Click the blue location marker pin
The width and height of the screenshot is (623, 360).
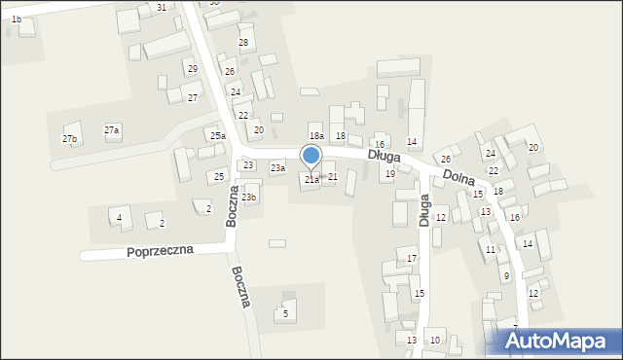(311, 156)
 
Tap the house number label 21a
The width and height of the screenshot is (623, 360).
(311, 180)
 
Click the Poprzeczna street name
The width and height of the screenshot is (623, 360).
(160, 250)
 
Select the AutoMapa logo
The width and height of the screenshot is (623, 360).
(560, 341)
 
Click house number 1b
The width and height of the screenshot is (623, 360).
(17, 19)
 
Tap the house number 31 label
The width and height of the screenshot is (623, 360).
(161, 8)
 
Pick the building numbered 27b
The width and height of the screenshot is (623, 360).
(69, 139)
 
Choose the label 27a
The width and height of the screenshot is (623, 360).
(112, 130)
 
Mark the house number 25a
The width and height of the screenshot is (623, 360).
(218, 136)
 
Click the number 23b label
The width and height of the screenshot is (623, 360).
(249, 198)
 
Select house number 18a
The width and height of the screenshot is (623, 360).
(315, 136)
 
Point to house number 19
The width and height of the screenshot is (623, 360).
(389, 174)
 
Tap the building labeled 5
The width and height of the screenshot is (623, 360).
(285, 313)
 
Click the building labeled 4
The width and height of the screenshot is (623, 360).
(119, 218)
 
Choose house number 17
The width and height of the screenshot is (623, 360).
(412, 258)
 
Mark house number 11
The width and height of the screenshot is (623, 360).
(490, 250)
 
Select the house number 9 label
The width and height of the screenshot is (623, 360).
(506, 276)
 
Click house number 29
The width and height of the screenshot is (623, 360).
(193, 69)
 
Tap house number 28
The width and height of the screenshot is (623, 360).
(243, 43)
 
